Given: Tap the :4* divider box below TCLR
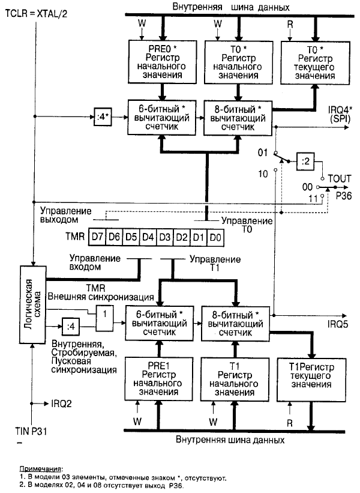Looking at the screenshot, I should [100, 114].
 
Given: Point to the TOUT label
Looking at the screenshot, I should [339, 178].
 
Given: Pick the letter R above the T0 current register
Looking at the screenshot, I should [290, 24].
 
